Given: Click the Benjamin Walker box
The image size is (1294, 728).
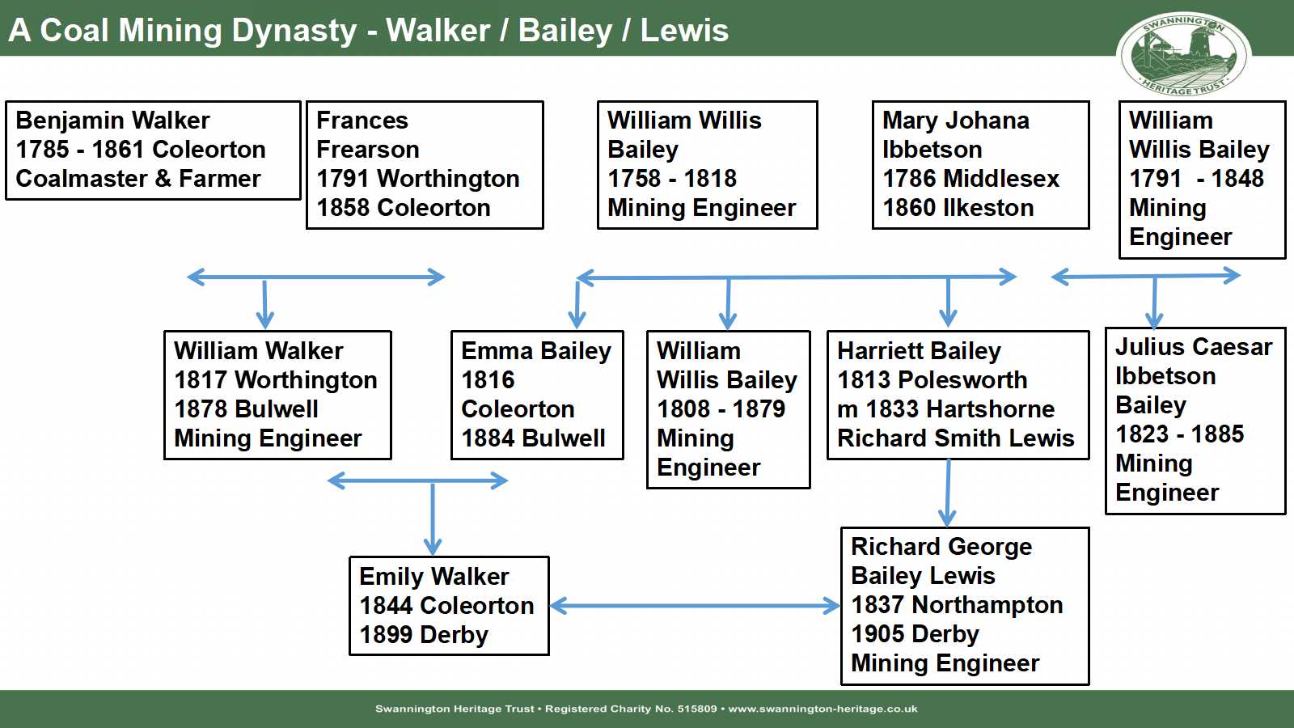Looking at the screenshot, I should point(153,150).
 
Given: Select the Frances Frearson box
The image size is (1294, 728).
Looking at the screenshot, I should point(425,164).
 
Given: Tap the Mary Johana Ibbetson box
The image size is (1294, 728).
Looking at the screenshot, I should point(980,164).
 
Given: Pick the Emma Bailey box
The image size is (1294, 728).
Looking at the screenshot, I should point(537,395).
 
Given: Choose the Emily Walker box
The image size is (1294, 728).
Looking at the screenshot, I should point(449,605).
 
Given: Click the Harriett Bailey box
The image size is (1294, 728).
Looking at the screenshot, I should point(958,395).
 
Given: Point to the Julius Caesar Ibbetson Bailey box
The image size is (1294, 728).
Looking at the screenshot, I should point(1195,420).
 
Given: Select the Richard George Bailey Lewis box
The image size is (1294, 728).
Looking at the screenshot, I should point(965,605).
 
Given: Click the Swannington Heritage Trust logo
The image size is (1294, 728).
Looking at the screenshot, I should point(1183,53).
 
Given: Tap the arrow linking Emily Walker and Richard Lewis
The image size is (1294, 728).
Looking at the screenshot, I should point(696,605).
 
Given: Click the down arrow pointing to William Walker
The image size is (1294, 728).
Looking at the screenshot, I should point(264,303).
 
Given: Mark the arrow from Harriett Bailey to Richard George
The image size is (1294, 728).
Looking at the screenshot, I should point(948,493).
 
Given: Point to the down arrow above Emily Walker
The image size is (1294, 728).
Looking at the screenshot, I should point(433,518).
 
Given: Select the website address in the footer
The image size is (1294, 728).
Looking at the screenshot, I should point(822,709).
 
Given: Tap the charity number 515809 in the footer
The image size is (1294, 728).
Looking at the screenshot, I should point(696,709).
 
